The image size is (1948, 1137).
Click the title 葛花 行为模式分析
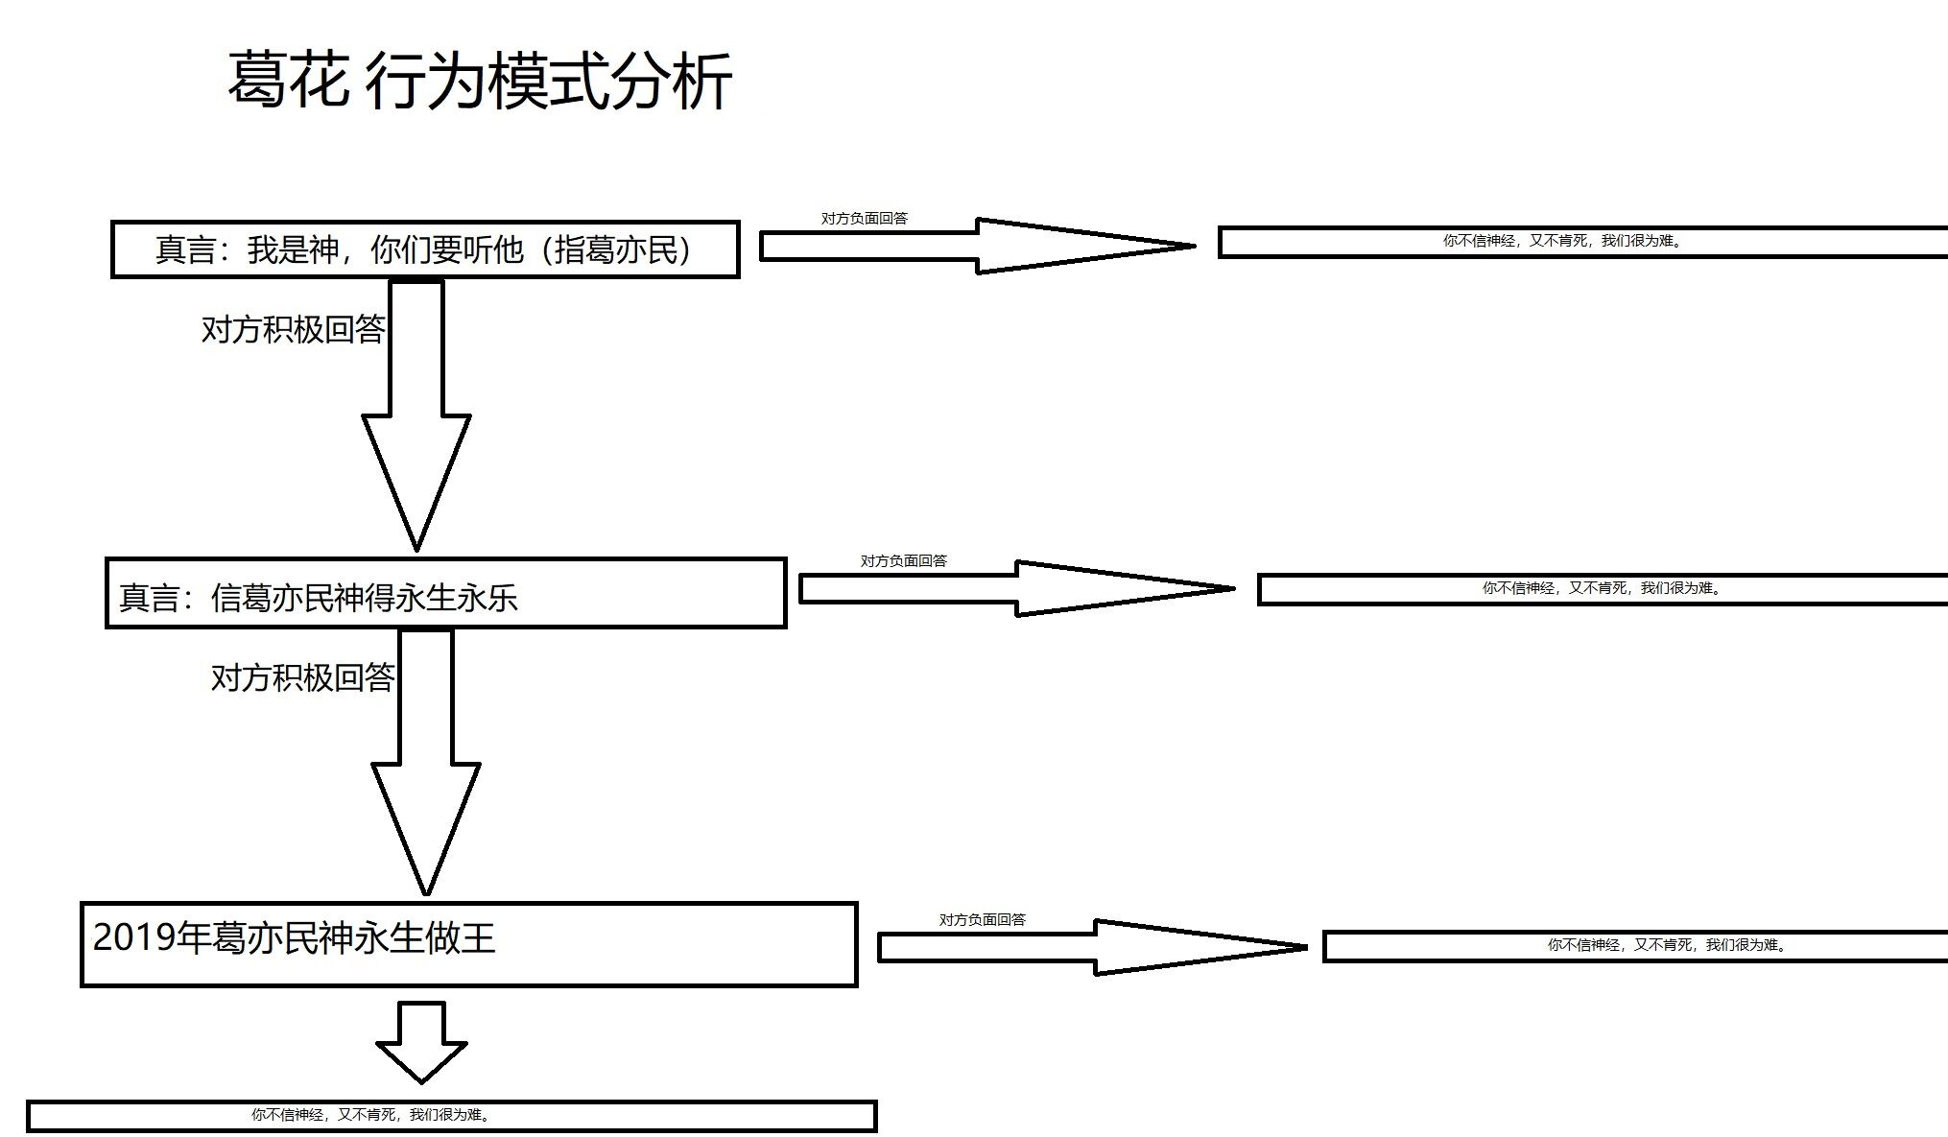(480, 81)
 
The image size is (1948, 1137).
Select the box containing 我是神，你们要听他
(425, 249)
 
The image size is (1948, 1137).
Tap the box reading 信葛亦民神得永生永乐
(445, 593)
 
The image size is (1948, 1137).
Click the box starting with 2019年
(468, 943)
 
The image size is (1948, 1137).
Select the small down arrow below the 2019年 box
(421, 1042)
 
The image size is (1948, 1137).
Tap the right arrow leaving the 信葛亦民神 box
(1017, 588)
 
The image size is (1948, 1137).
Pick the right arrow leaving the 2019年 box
(1094, 947)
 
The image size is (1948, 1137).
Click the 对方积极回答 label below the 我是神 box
(293, 329)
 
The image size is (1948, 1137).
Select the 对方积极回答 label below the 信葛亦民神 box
(302, 677)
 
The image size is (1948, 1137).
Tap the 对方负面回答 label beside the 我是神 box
(864, 218)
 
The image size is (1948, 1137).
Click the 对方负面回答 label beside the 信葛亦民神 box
(903, 560)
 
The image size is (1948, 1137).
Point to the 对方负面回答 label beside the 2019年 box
(982, 919)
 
